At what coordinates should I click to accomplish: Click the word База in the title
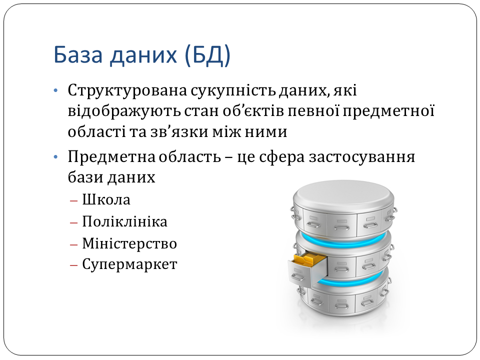click(78, 55)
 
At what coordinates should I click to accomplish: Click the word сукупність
click(233, 91)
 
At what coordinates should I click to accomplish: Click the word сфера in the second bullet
click(282, 157)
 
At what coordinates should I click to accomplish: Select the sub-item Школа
click(106, 200)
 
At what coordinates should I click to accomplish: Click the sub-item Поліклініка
click(124, 221)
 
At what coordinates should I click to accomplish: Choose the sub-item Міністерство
click(129, 243)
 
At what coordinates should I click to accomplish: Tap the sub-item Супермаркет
click(129, 264)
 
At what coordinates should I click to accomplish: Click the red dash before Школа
click(74, 201)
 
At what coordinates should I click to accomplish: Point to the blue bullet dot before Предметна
click(55, 157)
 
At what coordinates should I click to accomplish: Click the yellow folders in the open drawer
click(309, 259)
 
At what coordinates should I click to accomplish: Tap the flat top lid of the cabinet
click(343, 193)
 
